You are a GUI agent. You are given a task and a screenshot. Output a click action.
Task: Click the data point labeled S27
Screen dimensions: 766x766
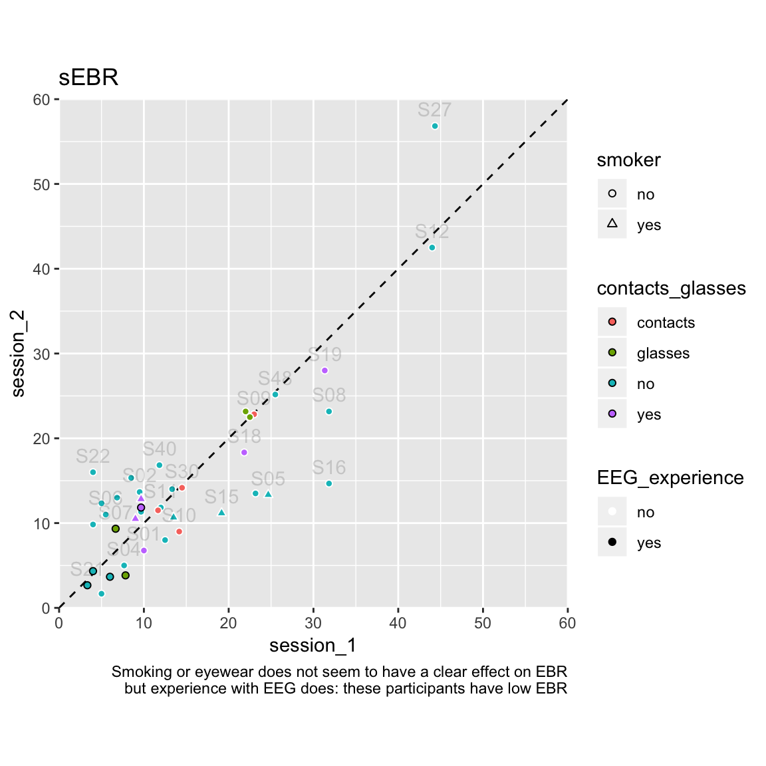pos(435,126)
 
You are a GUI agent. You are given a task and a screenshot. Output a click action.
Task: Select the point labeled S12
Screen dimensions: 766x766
pos(432,247)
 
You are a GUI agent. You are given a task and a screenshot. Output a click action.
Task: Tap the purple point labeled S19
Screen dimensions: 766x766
pos(324,370)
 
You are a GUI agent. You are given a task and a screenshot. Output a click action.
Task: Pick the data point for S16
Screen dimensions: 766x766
pos(328,483)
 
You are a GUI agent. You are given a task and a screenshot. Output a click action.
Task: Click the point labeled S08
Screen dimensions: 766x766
pos(328,412)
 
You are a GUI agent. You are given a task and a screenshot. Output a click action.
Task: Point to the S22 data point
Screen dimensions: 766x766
pos(93,472)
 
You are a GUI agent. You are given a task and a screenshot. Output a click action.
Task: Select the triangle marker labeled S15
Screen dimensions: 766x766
pos(221,513)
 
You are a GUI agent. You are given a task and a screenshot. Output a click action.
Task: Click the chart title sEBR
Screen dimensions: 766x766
pos(88,78)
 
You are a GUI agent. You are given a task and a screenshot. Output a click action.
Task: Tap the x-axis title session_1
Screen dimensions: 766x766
pos(313,646)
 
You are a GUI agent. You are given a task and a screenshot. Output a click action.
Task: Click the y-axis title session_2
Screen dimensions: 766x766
pos(18,354)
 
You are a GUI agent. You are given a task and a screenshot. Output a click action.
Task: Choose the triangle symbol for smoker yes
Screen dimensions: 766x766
pos(612,224)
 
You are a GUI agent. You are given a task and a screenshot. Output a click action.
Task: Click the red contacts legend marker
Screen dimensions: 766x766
pos(612,322)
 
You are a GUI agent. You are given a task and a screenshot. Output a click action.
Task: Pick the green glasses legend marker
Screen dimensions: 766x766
pos(612,352)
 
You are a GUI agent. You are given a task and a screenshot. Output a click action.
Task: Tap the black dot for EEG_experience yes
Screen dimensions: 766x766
pos(612,542)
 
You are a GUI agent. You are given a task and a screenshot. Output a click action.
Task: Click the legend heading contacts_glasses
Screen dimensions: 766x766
pos(671,289)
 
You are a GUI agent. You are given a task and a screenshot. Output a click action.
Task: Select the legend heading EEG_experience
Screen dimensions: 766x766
pos(670,478)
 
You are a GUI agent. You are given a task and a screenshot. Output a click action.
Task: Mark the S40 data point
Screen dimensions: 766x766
pos(159,465)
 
